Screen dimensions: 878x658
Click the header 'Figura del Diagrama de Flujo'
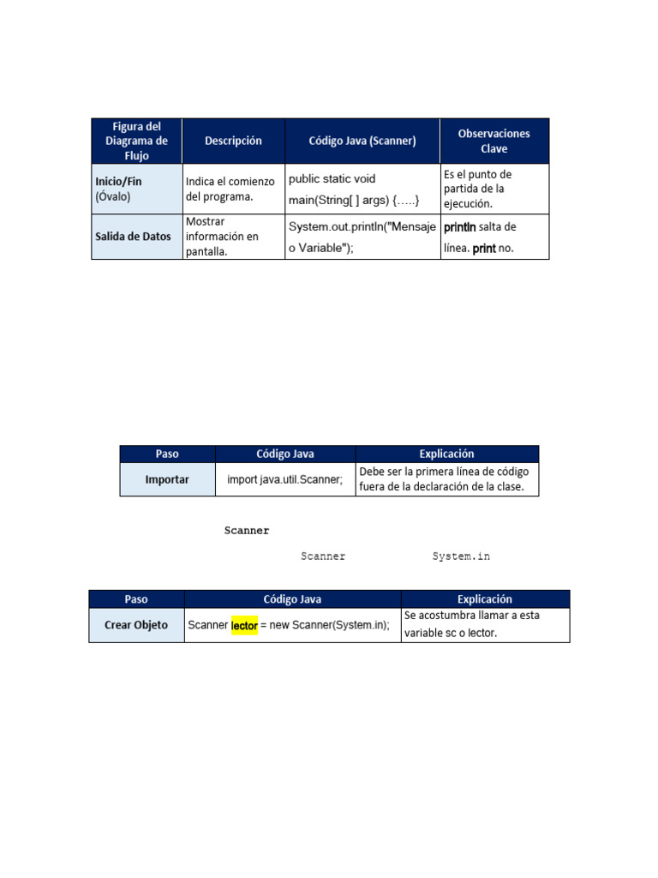point(136,141)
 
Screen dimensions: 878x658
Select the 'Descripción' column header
point(233,141)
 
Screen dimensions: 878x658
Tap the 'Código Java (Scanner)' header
point(362,141)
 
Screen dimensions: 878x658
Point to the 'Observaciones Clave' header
point(493,141)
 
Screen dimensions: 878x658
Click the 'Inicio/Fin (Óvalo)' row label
point(137,189)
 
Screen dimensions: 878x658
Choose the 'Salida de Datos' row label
point(137,237)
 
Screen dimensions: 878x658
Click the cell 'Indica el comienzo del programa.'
point(233,189)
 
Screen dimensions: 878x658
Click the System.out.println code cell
point(362,237)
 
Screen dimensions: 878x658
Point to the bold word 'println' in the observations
point(459,226)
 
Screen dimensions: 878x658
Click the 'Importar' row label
point(167,479)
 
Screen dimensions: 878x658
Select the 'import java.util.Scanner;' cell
point(284,479)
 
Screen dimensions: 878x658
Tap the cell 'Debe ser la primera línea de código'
point(446,479)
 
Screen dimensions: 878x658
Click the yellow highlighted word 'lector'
point(244,626)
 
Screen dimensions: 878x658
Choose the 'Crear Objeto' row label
point(136,625)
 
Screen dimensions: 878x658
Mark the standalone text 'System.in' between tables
point(461,556)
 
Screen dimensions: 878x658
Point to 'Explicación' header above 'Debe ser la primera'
point(446,454)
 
